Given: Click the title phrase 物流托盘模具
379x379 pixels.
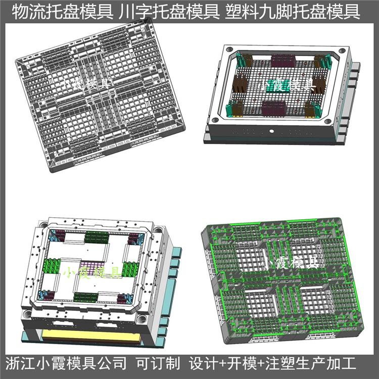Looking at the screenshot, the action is [63, 12].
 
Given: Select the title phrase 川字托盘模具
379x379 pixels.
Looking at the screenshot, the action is [169, 12].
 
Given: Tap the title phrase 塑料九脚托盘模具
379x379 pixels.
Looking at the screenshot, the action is [293, 12].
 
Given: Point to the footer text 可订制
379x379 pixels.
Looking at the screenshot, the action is [158, 363].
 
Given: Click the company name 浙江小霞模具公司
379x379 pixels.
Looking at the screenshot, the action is [66, 363].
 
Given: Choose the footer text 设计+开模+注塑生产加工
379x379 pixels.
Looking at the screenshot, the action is [273, 363].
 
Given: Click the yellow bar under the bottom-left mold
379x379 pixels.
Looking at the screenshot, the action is [91, 336].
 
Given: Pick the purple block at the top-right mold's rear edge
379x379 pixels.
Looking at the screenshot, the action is [283, 61].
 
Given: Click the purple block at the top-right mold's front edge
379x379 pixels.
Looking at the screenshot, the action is [274, 108].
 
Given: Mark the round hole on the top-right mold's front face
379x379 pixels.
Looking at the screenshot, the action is [272, 131].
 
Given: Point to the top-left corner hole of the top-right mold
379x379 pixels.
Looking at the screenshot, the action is [229, 50].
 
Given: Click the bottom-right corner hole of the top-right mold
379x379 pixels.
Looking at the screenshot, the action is [328, 121].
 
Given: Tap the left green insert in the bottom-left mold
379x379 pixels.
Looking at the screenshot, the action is [52, 266].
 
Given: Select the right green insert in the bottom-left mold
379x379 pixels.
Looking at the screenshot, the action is [130, 269].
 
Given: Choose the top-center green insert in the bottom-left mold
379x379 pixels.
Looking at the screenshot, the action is [97, 237].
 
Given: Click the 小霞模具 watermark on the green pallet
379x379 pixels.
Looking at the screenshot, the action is [290, 263].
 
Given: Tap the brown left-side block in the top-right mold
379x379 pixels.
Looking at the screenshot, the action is [240, 83].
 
